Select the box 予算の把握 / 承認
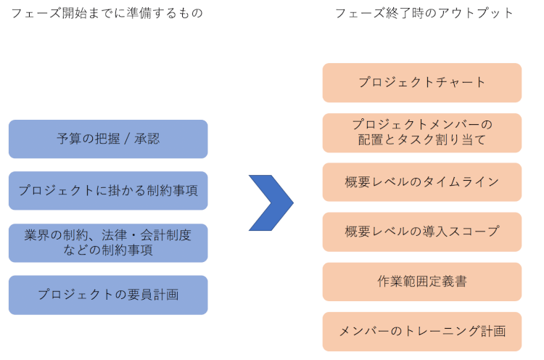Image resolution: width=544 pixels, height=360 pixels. coord(108,139)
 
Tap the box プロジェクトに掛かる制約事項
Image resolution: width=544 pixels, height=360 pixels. coord(108,190)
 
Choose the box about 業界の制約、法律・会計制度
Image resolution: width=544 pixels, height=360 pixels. coord(108,242)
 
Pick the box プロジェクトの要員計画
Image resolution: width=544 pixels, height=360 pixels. coord(108,295)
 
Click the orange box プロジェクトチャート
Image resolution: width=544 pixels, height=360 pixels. coord(422,82)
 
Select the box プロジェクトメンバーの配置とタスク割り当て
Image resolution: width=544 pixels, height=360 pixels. coord(422,132)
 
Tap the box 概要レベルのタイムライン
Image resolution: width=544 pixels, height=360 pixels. coord(422,181)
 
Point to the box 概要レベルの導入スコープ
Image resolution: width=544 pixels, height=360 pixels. coord(422,232)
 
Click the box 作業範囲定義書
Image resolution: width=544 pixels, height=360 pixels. coord(422,282)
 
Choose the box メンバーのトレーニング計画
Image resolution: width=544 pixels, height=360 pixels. coord(422,331)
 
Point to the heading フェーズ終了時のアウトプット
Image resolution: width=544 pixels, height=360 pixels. coord(424,13)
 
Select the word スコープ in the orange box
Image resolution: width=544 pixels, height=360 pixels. coord(475,232)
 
